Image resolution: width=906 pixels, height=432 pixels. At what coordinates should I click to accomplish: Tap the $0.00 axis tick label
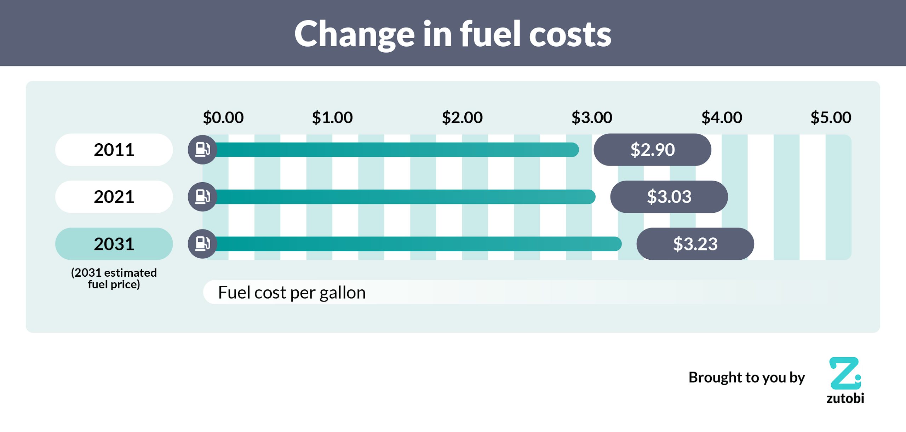pos(223,117)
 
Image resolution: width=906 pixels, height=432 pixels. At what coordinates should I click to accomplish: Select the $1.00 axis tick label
pos(332,117)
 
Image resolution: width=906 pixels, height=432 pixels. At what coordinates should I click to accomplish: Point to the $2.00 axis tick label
pos(462,117)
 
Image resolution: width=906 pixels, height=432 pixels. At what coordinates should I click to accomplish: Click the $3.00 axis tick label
pos(592,117)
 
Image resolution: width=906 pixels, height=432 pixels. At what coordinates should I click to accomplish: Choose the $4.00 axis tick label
pos(722,117)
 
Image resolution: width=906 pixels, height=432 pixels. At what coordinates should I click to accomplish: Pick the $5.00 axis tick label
pos(831,117)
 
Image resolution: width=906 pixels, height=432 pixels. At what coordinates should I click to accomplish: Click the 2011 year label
pos(114,150)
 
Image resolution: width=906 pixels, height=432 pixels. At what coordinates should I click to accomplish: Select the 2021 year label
pos(114,197)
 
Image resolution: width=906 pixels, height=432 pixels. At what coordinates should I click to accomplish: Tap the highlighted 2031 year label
pos(114,244)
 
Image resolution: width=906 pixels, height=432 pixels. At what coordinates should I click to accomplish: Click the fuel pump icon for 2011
pos(202,150)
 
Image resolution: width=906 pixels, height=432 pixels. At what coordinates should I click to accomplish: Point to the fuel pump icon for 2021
pos(202,197)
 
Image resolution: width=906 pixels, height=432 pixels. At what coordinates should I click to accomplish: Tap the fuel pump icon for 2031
pos(202,244)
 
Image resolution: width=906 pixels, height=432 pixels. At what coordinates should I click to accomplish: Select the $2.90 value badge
pos(652,150)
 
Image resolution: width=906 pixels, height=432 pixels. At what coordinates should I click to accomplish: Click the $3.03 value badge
pos(669,197)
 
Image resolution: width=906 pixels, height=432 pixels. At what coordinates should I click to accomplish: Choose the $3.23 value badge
pos(695,244)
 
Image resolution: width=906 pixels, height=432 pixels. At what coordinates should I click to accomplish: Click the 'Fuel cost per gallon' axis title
pos(292,293)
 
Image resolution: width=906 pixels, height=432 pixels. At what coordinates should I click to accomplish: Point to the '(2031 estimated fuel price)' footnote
pos(114,278)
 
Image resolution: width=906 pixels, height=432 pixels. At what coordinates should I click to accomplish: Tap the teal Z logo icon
pos(845,373)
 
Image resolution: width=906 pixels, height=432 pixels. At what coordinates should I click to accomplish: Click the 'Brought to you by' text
pos(746,378)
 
